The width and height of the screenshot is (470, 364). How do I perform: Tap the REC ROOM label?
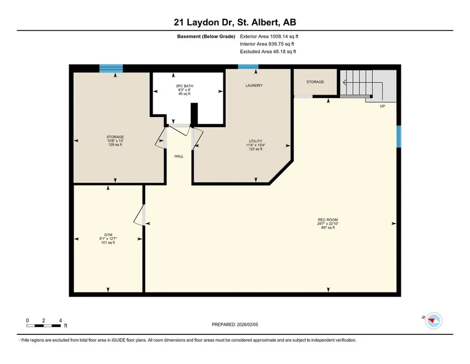[x=328, y=220]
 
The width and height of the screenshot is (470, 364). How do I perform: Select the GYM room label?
[x=108, y=235]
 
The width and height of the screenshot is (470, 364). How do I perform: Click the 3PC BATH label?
[x=185, y=86]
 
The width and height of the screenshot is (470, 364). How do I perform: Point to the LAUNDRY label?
[x=254, y=86]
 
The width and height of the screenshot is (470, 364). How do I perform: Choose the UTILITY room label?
[x=255, y=141]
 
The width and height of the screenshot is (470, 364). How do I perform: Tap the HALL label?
[x=179, y=156]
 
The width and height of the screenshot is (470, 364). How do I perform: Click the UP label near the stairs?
[x=382, y=106]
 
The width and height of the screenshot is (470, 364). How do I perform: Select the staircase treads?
[x=356, y=83]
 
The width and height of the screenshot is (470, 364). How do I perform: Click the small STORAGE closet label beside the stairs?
[x=315, y=82]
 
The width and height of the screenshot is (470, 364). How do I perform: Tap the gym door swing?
[x=140, y=215]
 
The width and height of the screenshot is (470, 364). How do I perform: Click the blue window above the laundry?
[x=248, y=67]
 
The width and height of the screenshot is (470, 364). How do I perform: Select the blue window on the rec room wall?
[x=399, y=136]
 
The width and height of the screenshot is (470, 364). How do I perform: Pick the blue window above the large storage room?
[x=111, y=68]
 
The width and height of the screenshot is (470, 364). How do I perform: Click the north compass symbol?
[x=434, y=321]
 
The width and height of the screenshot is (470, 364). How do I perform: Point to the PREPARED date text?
[x=235, y=325]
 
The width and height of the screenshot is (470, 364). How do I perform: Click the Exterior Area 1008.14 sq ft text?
[x=269, y=37]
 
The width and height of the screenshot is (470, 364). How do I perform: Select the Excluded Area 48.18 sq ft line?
[x=268, y=51]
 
